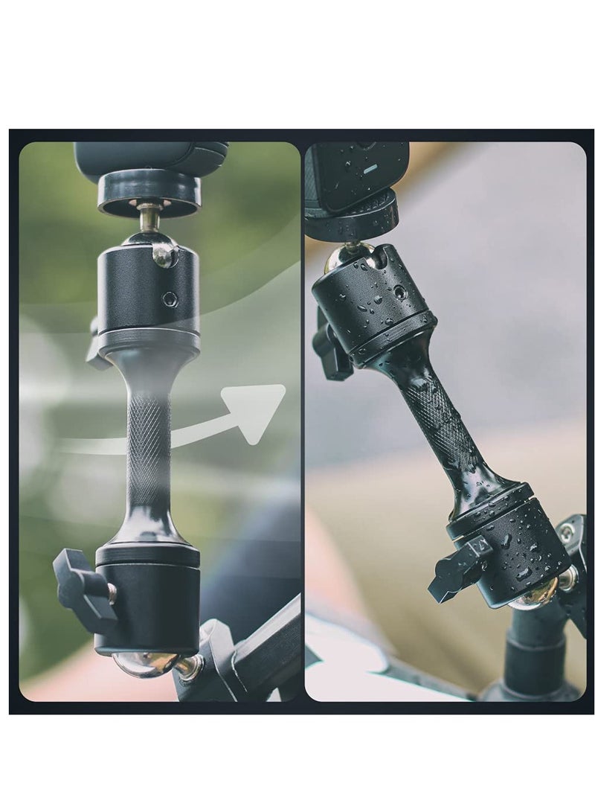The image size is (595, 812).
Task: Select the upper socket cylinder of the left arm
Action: (149, 290)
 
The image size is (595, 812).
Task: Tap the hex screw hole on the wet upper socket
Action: (400, 293)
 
